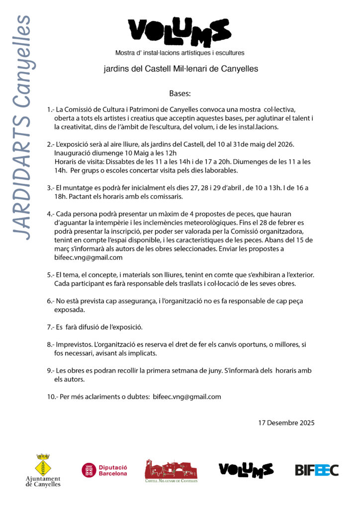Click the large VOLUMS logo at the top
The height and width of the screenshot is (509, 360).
(180, 31)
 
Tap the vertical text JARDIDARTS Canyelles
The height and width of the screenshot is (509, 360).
(21, 127)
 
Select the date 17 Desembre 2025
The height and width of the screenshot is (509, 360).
(286, 423)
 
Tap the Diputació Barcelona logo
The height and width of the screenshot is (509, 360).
(105, 470)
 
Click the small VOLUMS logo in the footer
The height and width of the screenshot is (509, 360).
(246, 470)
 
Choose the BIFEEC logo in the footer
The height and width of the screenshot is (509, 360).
(316, 470)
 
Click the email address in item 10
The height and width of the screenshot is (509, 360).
(187, 397)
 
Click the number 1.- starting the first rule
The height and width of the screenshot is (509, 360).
(50, 109)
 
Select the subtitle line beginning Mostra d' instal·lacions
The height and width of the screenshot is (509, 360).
(180, 52)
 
